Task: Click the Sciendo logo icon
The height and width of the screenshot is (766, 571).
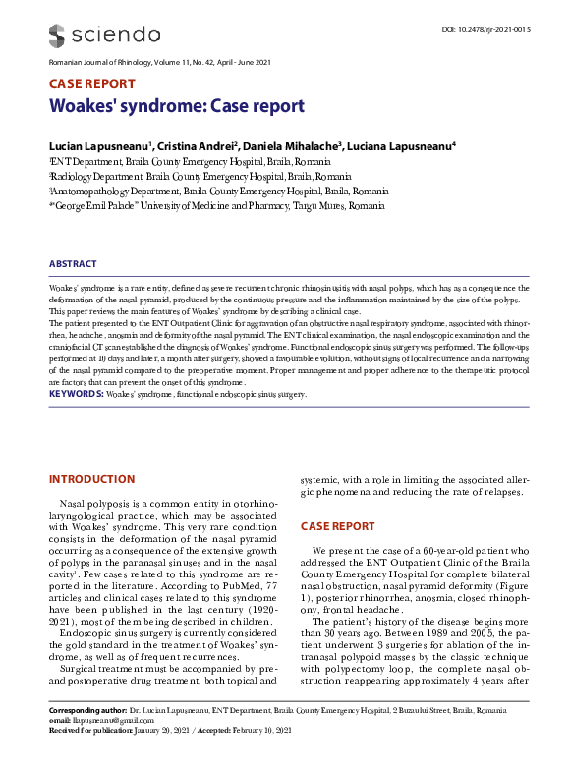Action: [60, 35]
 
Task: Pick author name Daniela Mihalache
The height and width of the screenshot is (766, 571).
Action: [292, 145]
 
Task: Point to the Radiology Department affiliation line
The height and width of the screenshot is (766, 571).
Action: [188, 176]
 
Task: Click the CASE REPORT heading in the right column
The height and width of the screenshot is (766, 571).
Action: [337, 526]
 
